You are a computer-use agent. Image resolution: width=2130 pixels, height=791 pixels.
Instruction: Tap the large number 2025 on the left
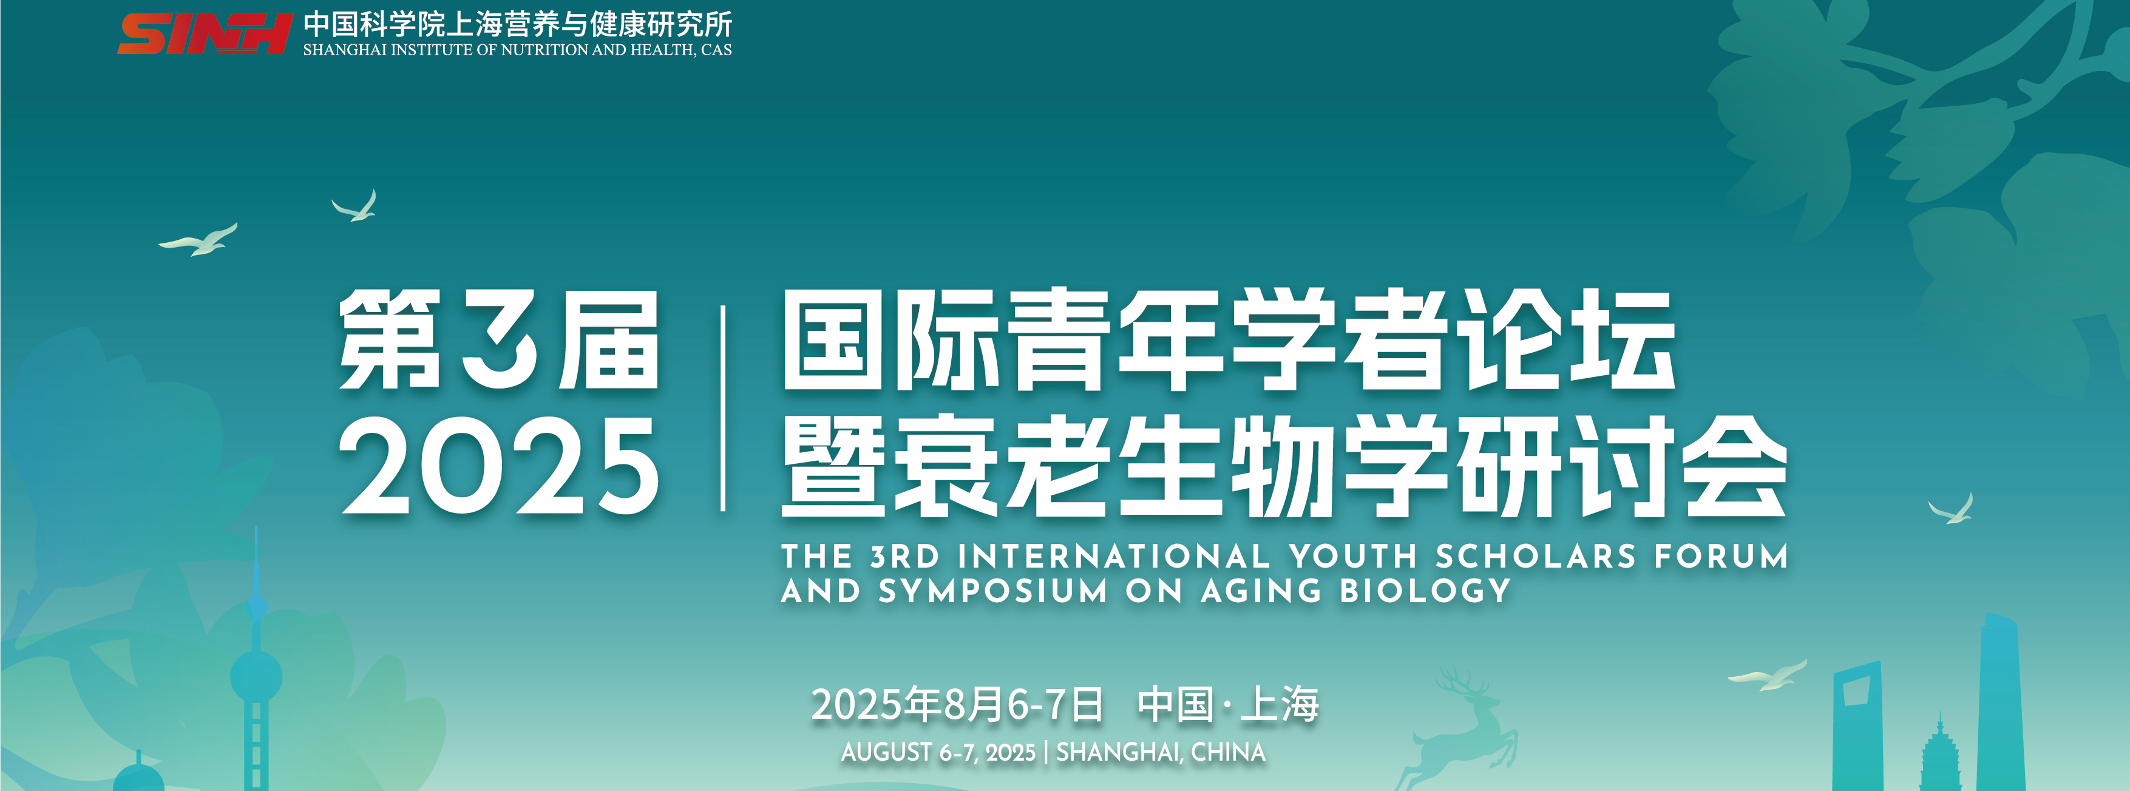pos(498,466)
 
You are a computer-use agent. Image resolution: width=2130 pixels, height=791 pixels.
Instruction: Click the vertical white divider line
pos(724,409)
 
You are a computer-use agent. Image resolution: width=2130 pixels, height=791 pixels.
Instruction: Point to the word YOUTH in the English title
pos(1353,556)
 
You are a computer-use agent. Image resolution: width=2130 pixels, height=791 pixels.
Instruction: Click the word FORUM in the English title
pos(1721,556)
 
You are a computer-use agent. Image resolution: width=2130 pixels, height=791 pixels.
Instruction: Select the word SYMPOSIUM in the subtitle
pos(992,591)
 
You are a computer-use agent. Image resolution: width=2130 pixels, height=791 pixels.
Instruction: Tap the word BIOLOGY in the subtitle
pos(1425,591)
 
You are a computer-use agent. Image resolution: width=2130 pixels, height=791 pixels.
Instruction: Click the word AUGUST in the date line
pos(886,752)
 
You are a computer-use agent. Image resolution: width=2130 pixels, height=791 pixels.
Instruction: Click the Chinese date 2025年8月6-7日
pos(957,704)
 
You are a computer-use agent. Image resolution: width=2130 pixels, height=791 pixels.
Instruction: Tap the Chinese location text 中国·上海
pos(1228,704)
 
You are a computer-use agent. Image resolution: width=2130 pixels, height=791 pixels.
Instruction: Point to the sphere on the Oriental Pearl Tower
pos(256,676)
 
